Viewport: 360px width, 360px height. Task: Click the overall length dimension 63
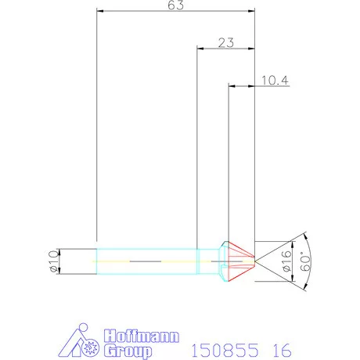click(176, 6)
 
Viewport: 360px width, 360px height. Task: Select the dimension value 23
click(226, 44)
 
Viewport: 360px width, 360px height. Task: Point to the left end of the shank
click(96, 259)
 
